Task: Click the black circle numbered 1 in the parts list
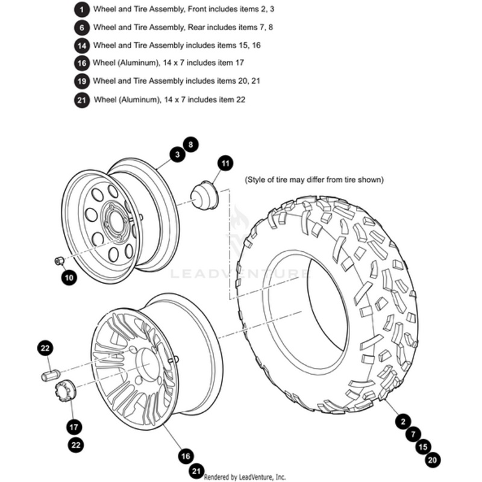[x=82, y=10]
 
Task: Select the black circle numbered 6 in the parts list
[x=82, y=28]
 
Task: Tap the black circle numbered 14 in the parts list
[x=82, y=45]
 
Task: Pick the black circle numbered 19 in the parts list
[x=82, y=81]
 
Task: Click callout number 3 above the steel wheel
[x=177, y=155]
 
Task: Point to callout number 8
[x=190, y=145]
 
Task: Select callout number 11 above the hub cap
[x=225, y=163]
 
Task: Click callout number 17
[x=74, y=427]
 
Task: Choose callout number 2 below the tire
[x=402, y=421]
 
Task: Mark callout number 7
[x=412, y=434]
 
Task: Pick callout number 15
[x=422, y=447]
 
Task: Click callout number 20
[x=432, y=460]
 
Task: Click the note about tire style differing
[x=314, y=180]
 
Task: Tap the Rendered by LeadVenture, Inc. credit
[x=245, y=476]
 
